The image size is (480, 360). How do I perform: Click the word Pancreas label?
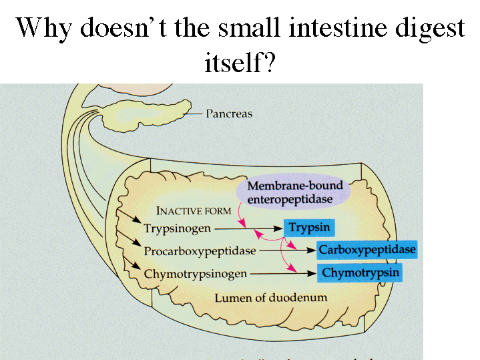pyautogui.click(x=228, y=114)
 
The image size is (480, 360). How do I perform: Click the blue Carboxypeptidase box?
pyautogui.click(x=367, y=250)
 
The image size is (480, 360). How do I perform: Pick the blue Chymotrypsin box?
pyautogui.click(x=361, y=273)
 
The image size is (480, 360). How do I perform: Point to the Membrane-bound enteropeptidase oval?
pyautogui.click(x=294, y=192)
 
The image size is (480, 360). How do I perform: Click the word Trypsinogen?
pyautogui.click(x=177, y=228)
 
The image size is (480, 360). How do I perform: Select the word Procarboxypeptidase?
pyautogui.click(x=200, y=251)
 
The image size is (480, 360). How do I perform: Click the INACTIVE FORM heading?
pyautogui.click(x=194, y=210)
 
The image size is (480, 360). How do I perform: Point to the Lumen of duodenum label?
pyautogui.click(x=270, y=297)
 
